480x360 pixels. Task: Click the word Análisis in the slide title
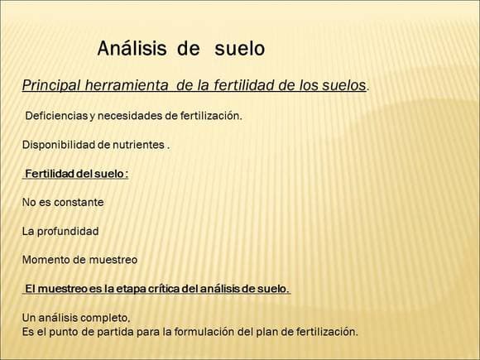click(132, 48)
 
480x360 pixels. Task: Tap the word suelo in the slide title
click(240, 48)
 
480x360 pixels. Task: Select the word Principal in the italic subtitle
click(51, 86)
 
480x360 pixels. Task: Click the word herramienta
click(127, 85)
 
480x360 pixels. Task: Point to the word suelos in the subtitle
click(344, 85)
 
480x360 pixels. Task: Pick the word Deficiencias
click(56, 116)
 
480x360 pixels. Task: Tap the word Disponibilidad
click(59, 145)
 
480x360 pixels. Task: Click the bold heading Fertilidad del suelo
click(76, 174)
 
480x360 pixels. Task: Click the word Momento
click(46, 260)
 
